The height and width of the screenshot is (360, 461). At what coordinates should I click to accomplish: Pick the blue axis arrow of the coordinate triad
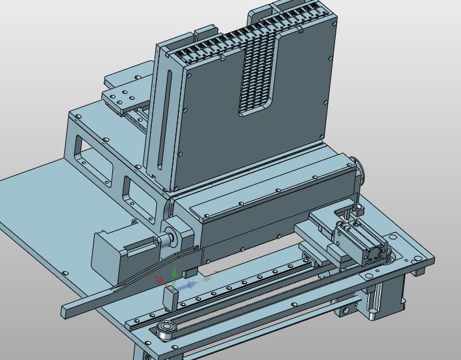click(189, 285)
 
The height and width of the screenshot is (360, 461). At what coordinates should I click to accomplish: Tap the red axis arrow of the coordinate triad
click(160, 280)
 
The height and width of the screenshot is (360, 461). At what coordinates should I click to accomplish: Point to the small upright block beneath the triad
click(171, 298)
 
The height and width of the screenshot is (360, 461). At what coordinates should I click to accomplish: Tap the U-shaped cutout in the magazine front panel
click(260, 78)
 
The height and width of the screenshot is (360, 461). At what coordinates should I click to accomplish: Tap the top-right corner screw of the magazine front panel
click(334, 25)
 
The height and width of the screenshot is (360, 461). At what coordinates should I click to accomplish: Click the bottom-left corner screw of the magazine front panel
click(180, 188)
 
